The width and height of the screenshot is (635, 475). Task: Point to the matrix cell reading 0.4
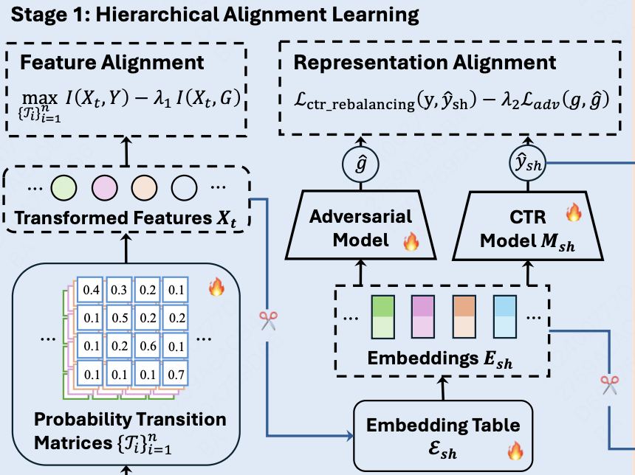(x=92, y=291)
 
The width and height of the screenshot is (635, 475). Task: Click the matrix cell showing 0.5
(x=120, y=319)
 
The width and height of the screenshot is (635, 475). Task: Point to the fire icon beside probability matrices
(x=216, y=288)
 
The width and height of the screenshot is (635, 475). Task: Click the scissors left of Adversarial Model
(x=267, y=320)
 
